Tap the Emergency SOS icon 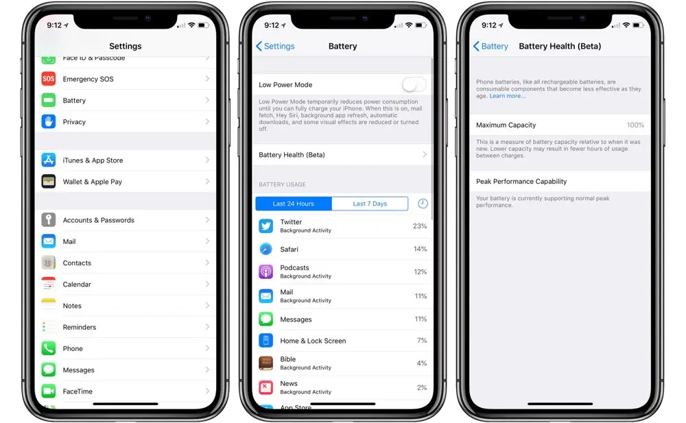[x=48, y=79]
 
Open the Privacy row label [x=74, y=122]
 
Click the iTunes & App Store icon [x=48, y=160]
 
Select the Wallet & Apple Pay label [x=92, y=182]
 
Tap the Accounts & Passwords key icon [x=48, y=220]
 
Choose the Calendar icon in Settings [x=48, y=285]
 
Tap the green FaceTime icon [x=48, y=391]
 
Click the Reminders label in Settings [x=80, y=327]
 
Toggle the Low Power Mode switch [x=414, y=85]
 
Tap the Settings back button [x=275, y=46]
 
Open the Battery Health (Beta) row [x=342, y=155]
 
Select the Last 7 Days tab [x=370, y=204]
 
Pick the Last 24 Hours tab [x=294, y=204]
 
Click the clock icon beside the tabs [x=423, y=204]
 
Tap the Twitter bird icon [x=265, y=226]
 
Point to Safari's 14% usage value [x=420, y=249]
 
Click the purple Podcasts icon [x=265, y=271]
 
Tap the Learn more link [x=508, y=96]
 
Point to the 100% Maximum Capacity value [x=635, y=125]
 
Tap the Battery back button [x=491, y=46]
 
